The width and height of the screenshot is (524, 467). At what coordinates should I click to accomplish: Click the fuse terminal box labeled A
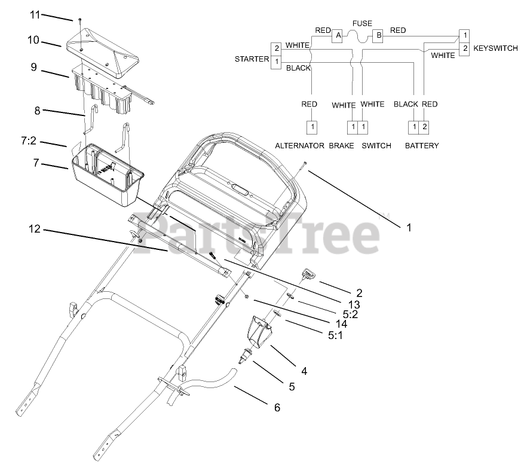(x=338, y=36)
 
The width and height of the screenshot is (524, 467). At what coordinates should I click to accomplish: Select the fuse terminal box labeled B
(x=378, y=36)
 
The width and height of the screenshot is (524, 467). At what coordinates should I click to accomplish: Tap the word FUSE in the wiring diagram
(x=362, y=23)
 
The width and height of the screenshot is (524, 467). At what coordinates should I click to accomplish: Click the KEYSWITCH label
(x=495, y=48)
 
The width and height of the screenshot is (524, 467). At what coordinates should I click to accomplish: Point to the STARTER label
(x=252, y=60)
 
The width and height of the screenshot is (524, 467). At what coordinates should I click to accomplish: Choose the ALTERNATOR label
(x=299, y=145)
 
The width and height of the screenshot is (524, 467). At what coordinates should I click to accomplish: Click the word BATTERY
(x=422, y=145)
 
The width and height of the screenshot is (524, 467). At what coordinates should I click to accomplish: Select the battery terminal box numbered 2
(x=424, y=127)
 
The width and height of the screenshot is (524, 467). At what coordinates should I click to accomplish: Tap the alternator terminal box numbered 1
(x=311, y=127)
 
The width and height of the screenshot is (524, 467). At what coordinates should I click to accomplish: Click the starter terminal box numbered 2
(x=275, y=48)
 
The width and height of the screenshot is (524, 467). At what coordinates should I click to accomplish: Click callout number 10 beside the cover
(x=33, y=40)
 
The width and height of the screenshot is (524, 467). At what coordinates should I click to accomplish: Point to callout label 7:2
(x=29, y=141)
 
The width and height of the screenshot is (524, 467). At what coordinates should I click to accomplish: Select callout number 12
(x=35, y=228)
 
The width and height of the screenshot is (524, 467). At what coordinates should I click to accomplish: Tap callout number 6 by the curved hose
(x=277, y=408)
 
